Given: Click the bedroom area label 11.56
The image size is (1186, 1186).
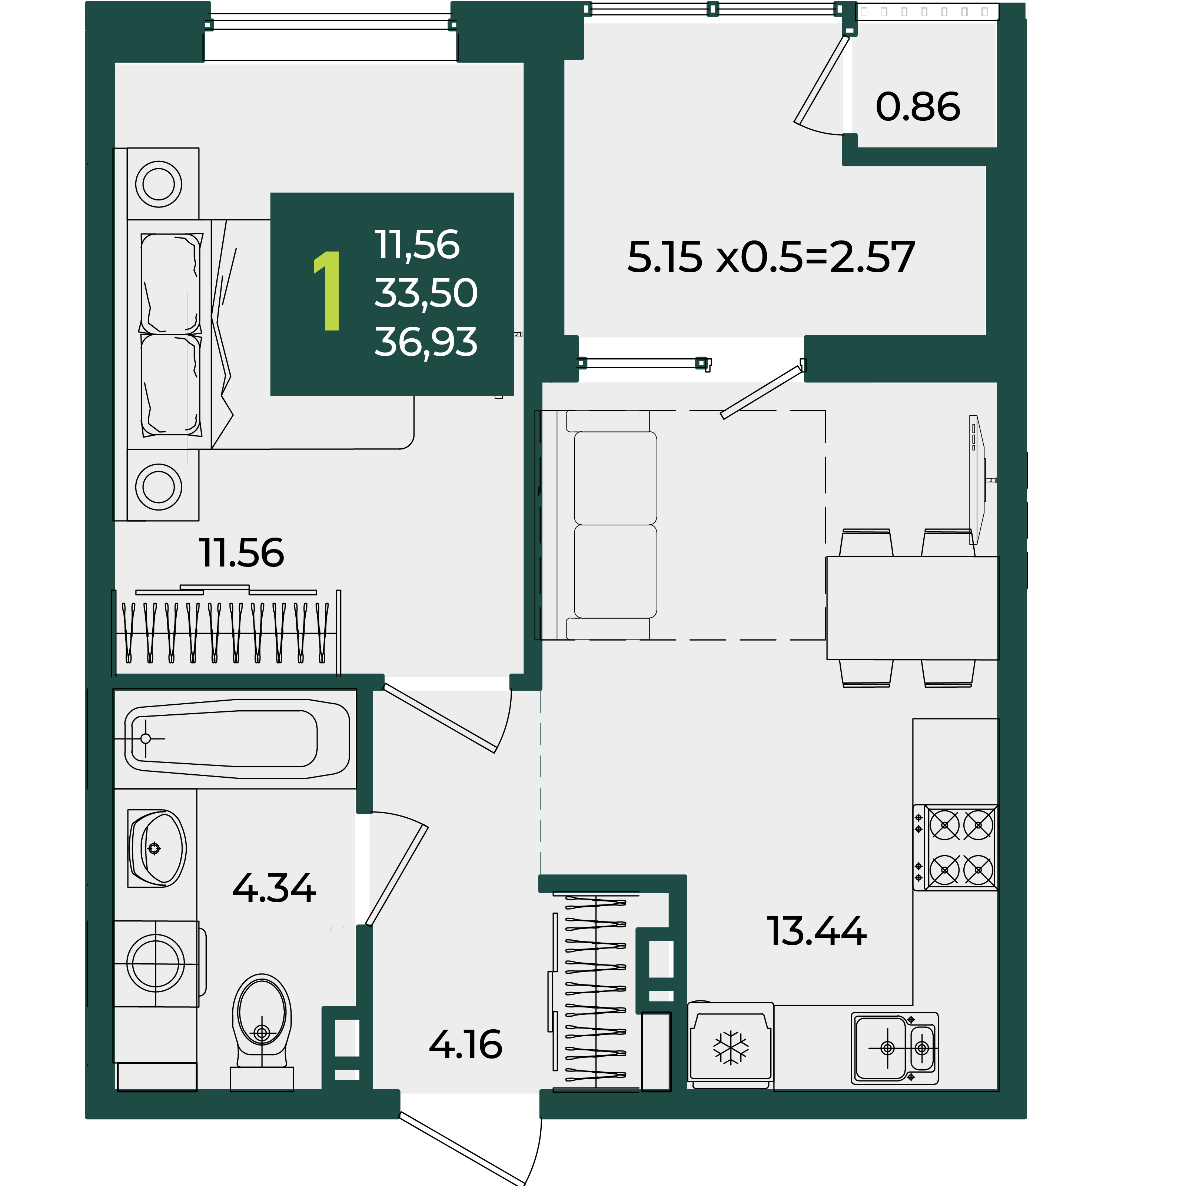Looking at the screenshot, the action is (241, 553).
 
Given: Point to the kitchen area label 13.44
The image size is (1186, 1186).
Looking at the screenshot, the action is (817, 931).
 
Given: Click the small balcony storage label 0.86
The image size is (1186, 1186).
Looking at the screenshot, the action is (918, 106).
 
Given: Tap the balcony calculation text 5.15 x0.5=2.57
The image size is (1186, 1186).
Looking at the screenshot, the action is (771, 257).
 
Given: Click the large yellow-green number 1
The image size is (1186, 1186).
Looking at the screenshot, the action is (328, 290).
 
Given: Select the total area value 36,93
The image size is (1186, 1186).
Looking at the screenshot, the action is (425, 342).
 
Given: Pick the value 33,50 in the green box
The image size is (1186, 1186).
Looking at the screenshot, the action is (425, 293).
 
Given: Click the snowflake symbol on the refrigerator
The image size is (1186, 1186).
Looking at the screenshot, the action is (731, 1047).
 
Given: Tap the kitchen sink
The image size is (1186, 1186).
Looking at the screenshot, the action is (895, 1048).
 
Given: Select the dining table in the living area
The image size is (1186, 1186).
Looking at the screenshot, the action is (912, 608).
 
